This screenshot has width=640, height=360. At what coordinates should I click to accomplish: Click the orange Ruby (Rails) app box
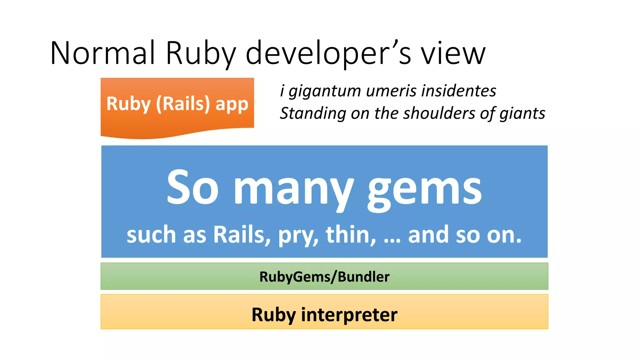pyautogui.click(x=177, y=106)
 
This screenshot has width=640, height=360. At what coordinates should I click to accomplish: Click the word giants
pyautogui.click(x=522, y=113)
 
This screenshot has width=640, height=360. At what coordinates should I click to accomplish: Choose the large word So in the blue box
pyautogui.click(x=192, y=187)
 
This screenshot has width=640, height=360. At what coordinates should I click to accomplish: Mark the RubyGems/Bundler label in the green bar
pyautogui.click(x=324, y=277)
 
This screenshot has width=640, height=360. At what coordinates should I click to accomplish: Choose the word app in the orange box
pyautogui.click(x=232, y=104)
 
